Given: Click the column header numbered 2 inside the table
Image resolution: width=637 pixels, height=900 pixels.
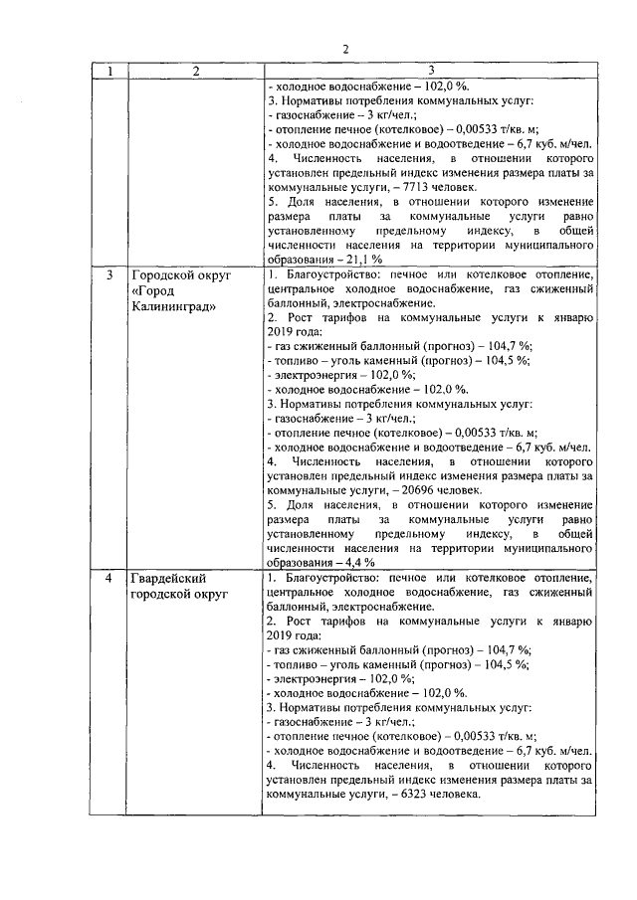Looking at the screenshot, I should tap(196, 72).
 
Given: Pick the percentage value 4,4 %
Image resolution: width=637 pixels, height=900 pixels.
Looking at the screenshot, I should tap(356, 561).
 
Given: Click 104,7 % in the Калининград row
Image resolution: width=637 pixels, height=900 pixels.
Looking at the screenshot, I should tap(507, 344).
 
